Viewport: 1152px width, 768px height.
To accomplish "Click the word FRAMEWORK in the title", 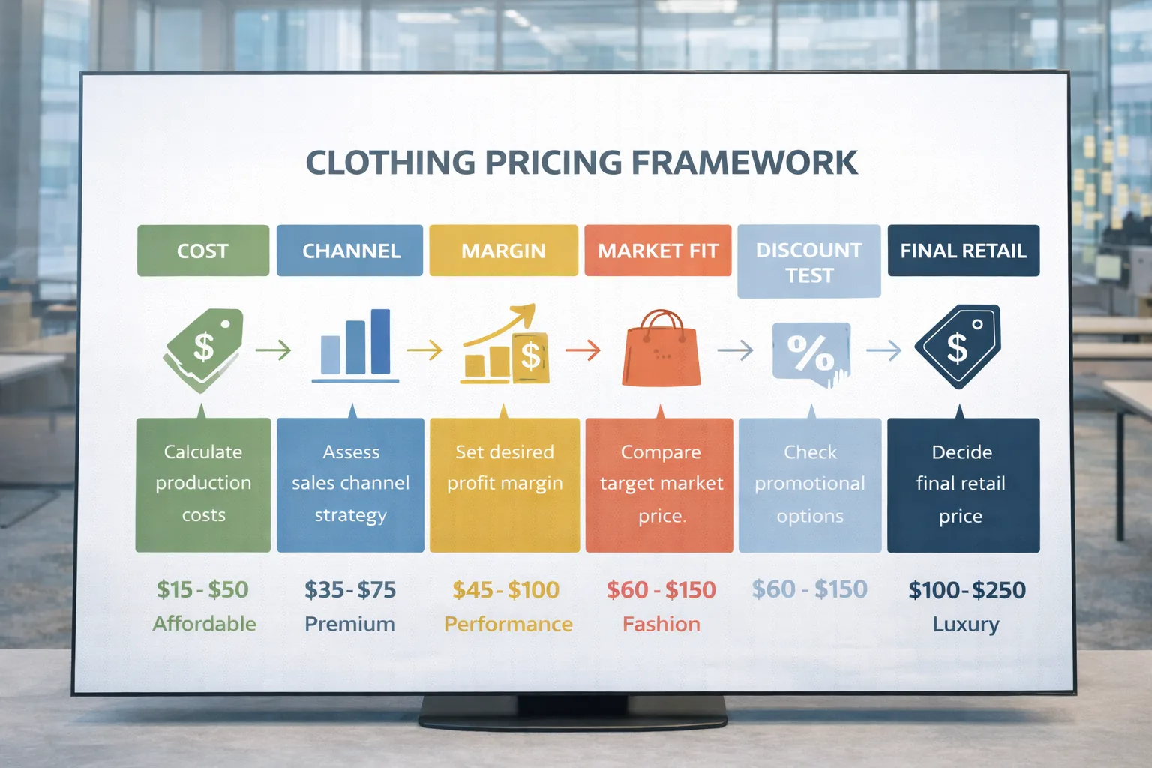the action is (744, 163).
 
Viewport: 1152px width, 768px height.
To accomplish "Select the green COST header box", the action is (203, 250).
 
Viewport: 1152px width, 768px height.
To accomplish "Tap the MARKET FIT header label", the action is (658, 250).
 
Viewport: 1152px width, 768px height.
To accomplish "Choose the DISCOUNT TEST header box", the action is (809, 261).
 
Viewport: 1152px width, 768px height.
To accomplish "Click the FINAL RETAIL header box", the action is (964, 250).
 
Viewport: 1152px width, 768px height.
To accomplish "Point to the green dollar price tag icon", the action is (204, 350).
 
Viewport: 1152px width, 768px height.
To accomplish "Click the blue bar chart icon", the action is (355, 346).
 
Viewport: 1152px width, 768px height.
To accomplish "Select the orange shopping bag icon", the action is (661, 348).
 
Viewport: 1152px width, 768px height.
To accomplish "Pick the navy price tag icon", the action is (958, 346).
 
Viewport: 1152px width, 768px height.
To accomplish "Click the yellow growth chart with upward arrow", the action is (505, 343).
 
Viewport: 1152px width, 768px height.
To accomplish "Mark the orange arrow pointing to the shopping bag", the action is (583, 350).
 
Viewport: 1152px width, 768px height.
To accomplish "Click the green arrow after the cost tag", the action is (273, 350).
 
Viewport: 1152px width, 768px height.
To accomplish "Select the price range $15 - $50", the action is (202, 589).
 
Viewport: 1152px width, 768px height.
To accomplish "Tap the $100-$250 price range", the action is (967, 590).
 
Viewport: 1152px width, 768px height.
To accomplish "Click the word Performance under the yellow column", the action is (508, 625).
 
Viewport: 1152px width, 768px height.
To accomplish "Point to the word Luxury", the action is (966, 625).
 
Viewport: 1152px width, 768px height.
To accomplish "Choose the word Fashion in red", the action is (661, 625).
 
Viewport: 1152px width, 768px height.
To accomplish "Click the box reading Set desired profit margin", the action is (505, 485).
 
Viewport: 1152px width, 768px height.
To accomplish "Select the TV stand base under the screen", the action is (573, 712).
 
